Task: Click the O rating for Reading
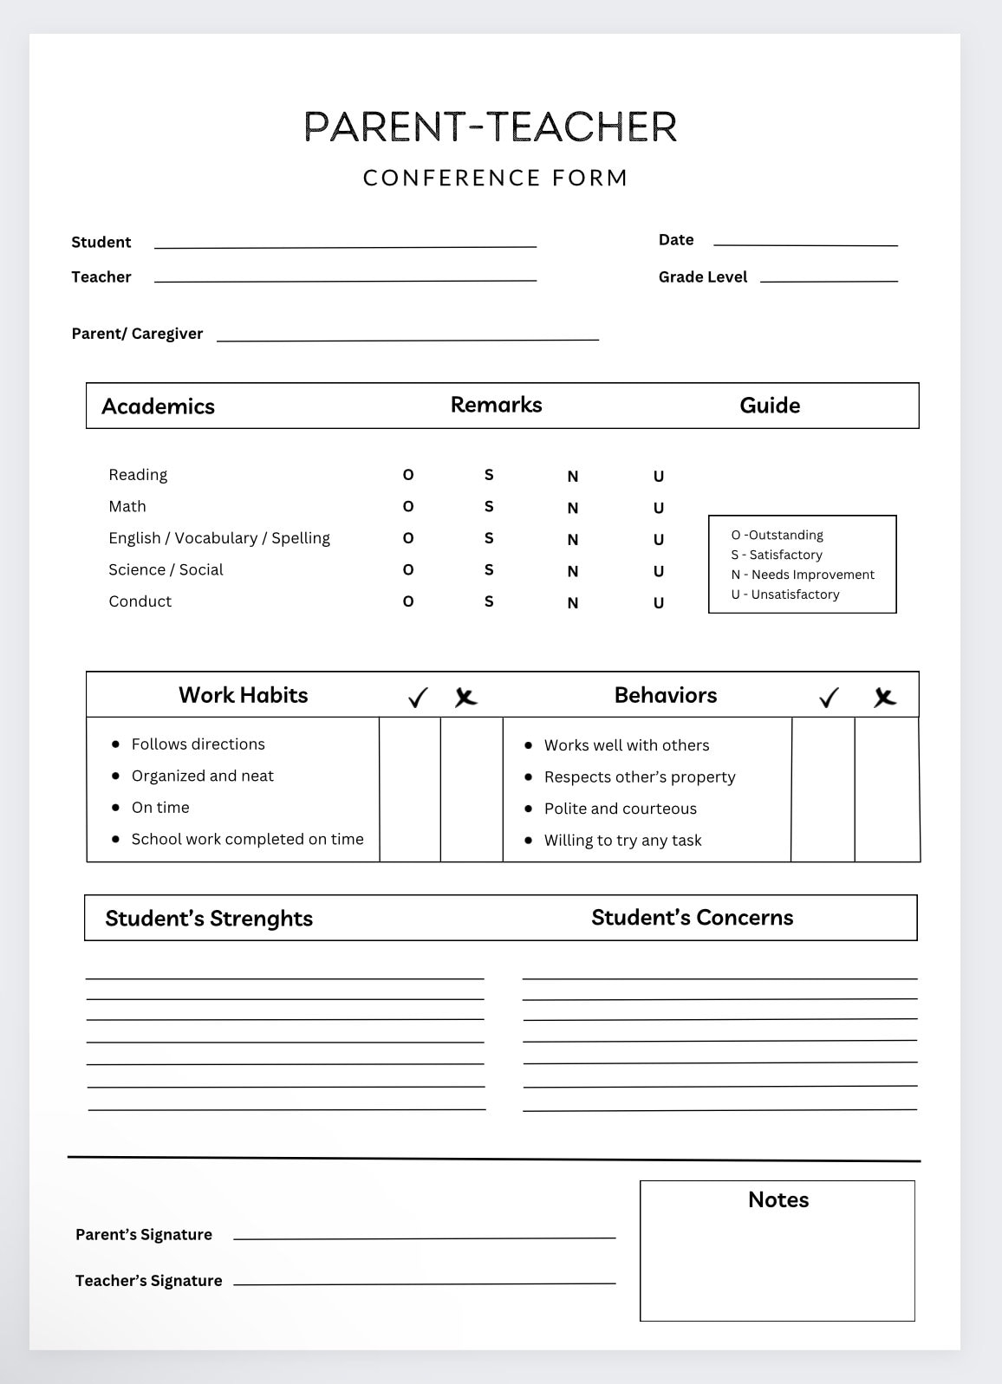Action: coord(408,475)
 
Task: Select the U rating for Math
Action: coord(659,508)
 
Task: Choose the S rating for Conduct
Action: coord(489,601)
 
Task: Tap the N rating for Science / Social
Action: coord(573,571)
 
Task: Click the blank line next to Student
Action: coord(345,245)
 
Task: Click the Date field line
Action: coord(805,244)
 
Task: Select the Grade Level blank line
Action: coord(829,279)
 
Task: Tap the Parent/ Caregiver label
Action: coord(137,334)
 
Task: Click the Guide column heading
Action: coord(770,406)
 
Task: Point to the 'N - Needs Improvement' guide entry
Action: coord(803,575)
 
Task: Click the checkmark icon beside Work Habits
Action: coord(418,698)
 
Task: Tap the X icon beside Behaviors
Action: coord(884,697)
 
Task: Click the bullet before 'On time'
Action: coord(116,807)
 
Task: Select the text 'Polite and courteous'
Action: coord(621,809)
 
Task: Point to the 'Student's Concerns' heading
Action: coord(692,918)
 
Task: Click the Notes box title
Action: coord(778,1199)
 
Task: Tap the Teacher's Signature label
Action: coord(148,1281)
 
